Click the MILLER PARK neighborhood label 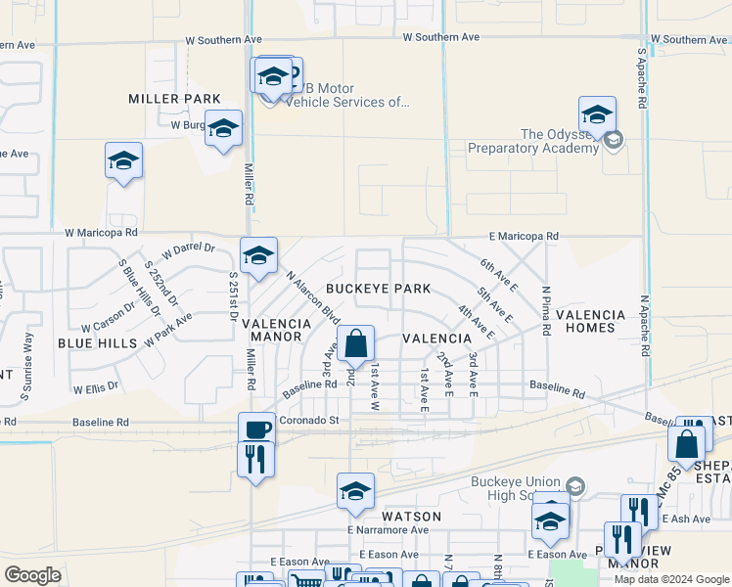(175, 99)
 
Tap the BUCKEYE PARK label (378, 290)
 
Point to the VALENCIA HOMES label (590, 322)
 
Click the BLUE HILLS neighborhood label (98, 343)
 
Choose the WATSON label (411, 516)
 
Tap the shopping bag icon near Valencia (356, 345)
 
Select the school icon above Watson (355, 492)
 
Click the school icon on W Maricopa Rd (258, 256)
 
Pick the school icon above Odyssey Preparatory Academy (597, 115)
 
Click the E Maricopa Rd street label (525, 237)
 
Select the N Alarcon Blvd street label (313, 298)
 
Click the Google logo (32, 575)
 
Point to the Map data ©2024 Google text (669, 579)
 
